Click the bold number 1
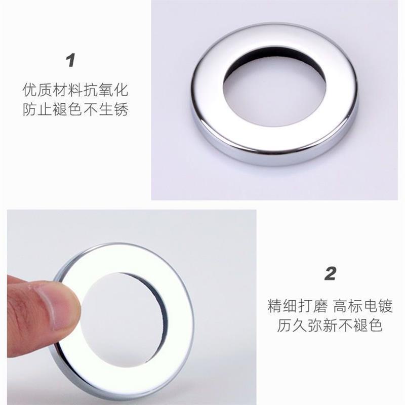tap(70, 60)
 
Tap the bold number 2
tap(331, 273)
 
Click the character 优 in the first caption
tap(30, 90)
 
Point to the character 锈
tap(121, 109)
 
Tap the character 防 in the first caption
tap(30, 109)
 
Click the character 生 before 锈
tap(106, 109)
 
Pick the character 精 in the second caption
tap(274, 306)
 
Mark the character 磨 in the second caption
tap(320, 306)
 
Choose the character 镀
tap(385, 306)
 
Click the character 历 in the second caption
tap(284, 326)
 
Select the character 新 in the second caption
tap(330, 326)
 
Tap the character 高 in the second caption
tap(340, 306)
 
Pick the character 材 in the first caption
tap(60, 90)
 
